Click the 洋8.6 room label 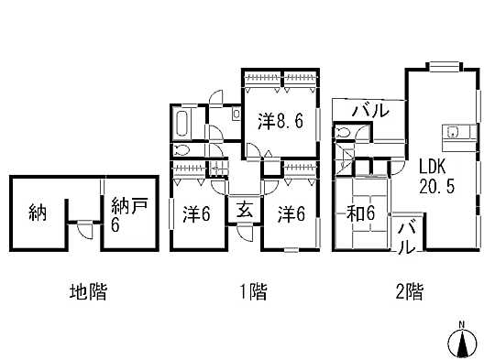point(280,120)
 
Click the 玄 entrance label point(245,210)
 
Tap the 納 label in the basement point(38,213)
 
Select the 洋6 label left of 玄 point(197,213)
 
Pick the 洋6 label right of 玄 point(291,213)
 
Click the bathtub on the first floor point(181,123)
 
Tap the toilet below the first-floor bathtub point(181,150)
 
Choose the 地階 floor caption point(88,293)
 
